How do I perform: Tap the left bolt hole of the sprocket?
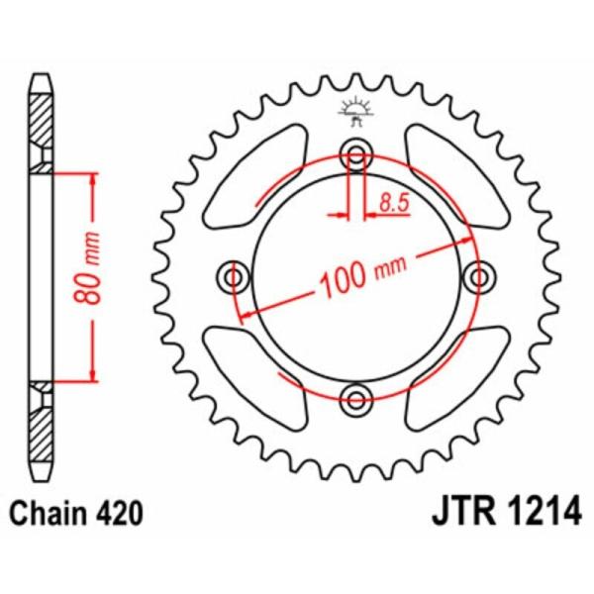coord(235,276)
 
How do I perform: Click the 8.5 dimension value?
coord(393,205)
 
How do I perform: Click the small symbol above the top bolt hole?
coord(353,110)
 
